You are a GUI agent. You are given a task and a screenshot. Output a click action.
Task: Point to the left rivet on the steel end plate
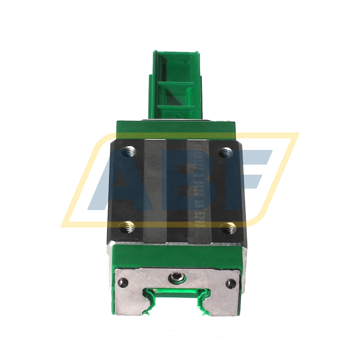[x=122, y=282]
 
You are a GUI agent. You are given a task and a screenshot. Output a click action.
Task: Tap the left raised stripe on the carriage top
[x=155, y=190]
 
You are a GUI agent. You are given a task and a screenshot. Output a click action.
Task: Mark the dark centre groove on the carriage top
[x=177, y=190]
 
